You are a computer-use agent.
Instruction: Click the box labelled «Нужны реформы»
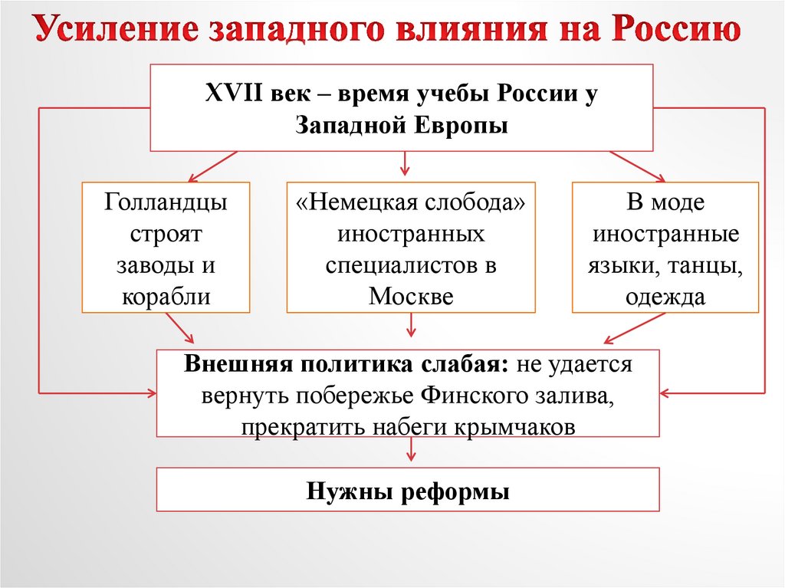(x=408, y=490)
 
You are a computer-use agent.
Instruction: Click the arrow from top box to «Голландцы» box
(x=206, y=165)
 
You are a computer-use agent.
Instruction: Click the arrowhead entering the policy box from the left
(x=149, y=393)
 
